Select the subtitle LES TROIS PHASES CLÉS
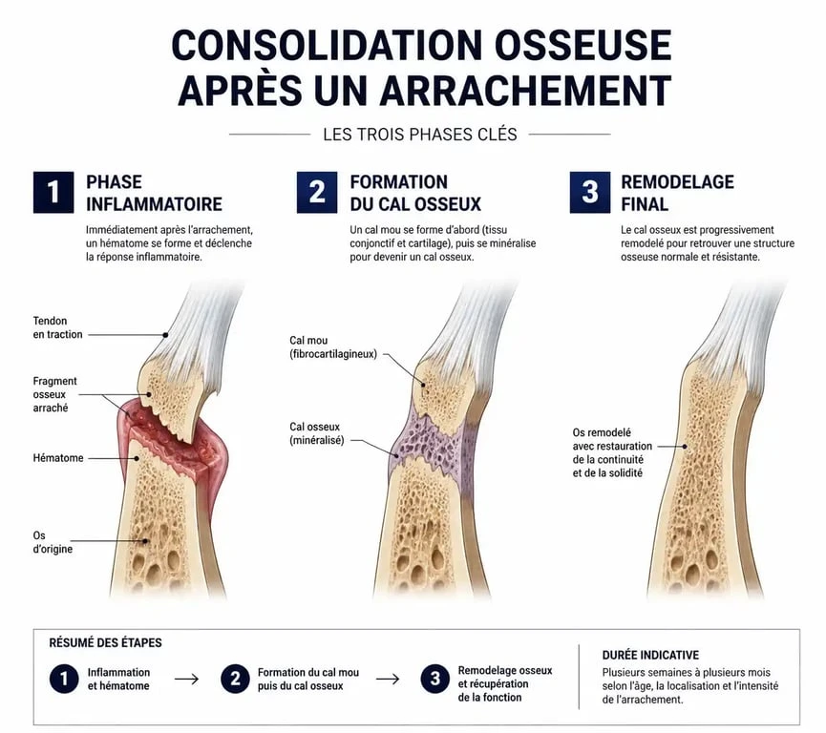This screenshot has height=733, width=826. (420, 135)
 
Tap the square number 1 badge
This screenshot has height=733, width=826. (53, 192)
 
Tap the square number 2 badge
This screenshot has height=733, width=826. (317, 192)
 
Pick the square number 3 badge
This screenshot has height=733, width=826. (590, 192)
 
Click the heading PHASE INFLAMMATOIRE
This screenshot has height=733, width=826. (154, 193)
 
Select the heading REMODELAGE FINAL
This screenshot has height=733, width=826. (677, 193)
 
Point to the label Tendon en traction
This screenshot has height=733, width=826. (57, 327)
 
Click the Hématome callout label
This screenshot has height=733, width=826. (58, 458)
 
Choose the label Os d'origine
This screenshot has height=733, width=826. (53, 542)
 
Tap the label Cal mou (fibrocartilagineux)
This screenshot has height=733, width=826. (333, 347)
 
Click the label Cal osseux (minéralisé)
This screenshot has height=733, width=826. (316, 433)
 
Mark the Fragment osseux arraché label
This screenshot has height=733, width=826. (54, 394)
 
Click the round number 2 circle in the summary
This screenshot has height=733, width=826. (235, 679)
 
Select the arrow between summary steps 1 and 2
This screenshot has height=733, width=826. (186, 680)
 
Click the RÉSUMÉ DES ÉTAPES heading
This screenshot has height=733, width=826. (105, 642)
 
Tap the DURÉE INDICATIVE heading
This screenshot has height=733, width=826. (650, 655)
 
